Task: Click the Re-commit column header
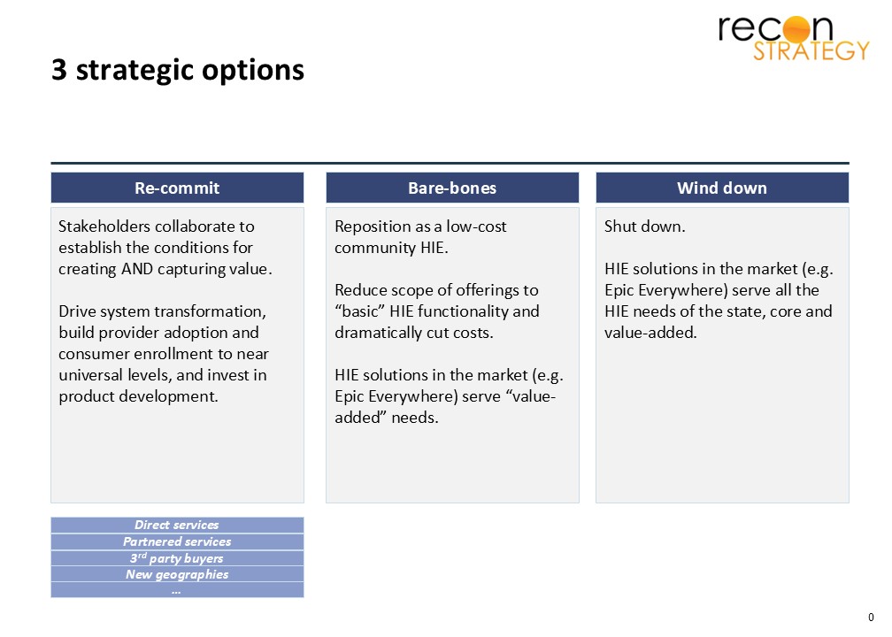177,188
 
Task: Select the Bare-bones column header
452,188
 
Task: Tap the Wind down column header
722,188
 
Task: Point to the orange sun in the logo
796,29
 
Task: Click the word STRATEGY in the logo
811,50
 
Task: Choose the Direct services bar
177,525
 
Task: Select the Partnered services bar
177,541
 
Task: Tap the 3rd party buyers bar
177,558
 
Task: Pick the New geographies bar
177,574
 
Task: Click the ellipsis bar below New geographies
177,590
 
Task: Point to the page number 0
871,618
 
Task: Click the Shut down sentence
644,226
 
